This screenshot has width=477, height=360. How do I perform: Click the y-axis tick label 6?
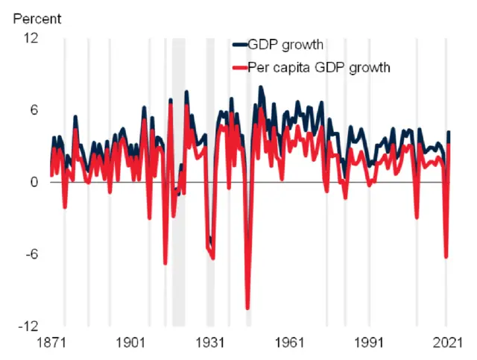[33, 110]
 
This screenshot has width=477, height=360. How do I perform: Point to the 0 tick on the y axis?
[33, 182]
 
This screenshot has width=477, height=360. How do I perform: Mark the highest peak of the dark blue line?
[261, 87]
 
